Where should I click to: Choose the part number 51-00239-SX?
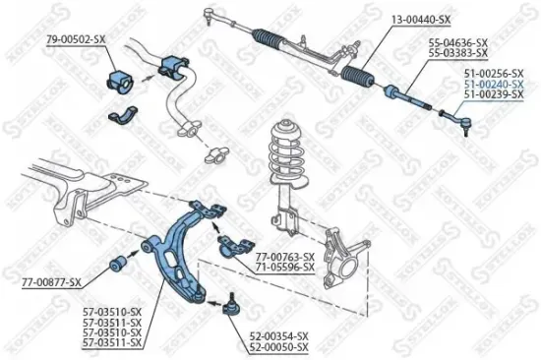coord(495,96)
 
